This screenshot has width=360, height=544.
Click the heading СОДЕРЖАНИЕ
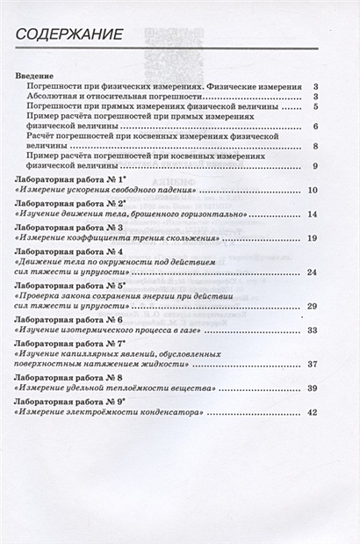[65, 35]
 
